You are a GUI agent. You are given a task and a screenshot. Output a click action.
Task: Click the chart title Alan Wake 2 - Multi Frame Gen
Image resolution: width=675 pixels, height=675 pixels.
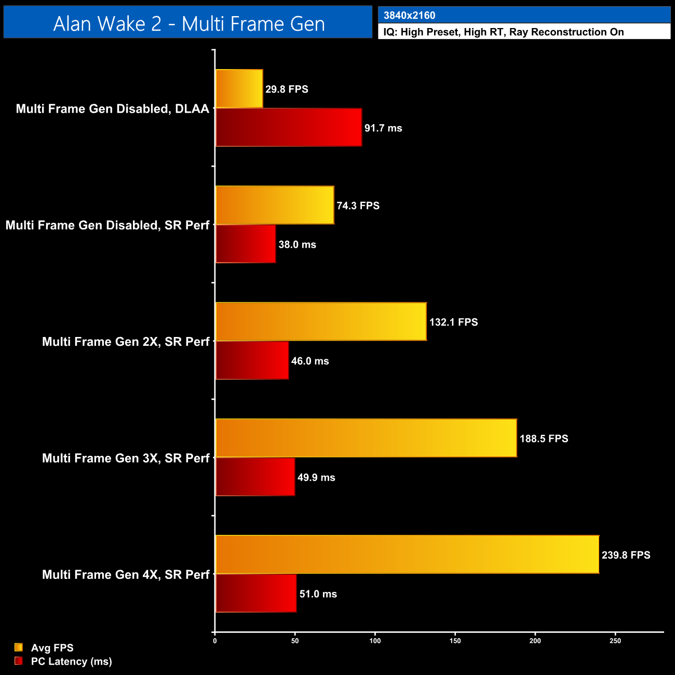click(188, 23)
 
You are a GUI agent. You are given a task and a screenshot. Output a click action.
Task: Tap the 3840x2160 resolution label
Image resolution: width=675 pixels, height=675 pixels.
click(409, 15)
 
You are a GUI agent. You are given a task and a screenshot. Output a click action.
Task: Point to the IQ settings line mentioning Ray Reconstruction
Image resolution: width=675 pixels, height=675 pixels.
click(503, 32)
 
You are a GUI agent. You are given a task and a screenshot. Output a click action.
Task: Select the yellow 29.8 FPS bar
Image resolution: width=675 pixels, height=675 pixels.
click(239, 89)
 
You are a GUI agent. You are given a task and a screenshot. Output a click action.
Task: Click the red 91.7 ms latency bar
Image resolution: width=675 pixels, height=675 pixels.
click(288, 128)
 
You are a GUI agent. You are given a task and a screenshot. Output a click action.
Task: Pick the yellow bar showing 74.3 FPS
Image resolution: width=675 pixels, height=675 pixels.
click(275, 205)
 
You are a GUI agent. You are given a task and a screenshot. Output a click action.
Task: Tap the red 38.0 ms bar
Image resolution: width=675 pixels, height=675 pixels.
click(245, 244)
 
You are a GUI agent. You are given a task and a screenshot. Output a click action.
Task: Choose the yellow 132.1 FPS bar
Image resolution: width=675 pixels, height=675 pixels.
click(321, 321)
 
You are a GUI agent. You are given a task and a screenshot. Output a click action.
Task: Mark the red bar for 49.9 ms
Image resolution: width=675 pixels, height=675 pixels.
click(255, 477)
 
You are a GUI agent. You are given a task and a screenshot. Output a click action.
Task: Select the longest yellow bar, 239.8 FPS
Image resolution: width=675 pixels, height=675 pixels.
click(407, 554)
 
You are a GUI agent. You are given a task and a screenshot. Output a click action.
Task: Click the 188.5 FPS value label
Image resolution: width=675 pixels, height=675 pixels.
click(544, 438)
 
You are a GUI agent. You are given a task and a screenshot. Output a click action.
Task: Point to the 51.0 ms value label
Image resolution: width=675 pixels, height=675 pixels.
click(318, 593)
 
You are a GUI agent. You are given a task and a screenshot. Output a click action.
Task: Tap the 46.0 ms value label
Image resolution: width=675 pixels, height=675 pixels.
click(310, 361)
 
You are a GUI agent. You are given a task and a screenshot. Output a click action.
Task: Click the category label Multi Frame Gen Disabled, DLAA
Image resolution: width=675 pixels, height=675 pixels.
click(112, 109)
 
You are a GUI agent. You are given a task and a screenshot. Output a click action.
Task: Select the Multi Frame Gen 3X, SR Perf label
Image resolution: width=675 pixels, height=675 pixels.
click(126, 458)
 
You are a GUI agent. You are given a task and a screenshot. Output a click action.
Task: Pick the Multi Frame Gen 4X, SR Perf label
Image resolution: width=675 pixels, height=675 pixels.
click(126, 574)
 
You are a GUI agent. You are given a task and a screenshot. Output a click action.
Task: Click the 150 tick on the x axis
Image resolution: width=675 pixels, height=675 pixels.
click(455, 641)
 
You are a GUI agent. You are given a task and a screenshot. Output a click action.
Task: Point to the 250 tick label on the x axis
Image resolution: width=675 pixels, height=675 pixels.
click(615, 641)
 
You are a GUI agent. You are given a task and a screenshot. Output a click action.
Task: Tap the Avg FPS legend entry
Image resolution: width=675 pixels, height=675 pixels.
click(52, 647)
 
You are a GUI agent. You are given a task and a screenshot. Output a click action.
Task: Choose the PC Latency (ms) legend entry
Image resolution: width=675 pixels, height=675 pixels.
click(71, 661)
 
